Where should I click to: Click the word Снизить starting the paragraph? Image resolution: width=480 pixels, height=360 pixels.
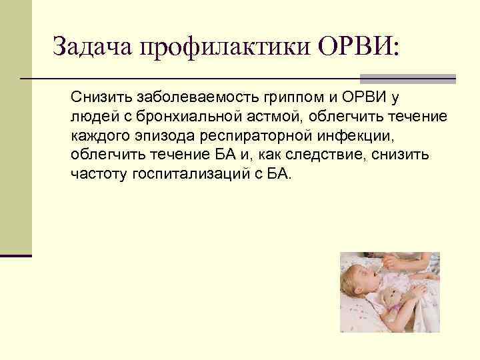click(x=98, y=99)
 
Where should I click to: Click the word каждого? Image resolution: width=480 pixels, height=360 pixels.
click(x=96, y=137)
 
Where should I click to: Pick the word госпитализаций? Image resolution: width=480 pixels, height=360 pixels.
click(x=183, y=175)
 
